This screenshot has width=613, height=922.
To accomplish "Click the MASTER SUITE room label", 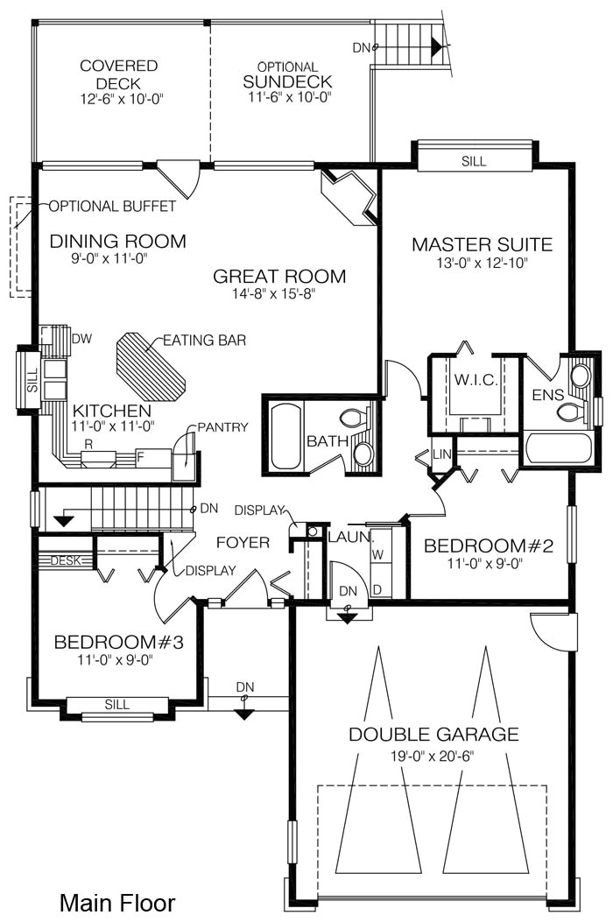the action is [x=482, y=244].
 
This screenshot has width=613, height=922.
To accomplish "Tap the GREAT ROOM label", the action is [x=279, y=276].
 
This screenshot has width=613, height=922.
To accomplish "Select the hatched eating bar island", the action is [x=151, y=367].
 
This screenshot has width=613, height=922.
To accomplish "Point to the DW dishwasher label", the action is [x=81, y=339].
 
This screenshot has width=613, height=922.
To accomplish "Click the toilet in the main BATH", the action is [x=353, y=418].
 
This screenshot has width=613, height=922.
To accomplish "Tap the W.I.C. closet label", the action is [x=476, y=379].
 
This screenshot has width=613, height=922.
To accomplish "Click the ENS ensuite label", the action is [x=547, y=395].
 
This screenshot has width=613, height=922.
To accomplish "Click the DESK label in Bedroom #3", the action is [x=66, y=560].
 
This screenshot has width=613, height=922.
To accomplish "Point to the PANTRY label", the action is [x=223, y=427].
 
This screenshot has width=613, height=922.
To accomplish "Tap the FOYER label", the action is [x=243, y=542].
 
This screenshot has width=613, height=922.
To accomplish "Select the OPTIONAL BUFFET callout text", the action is [x=112, y=206].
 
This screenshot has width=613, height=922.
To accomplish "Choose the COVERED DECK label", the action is [x=119, y=74].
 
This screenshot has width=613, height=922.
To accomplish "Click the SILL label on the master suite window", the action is [x=474, y=161].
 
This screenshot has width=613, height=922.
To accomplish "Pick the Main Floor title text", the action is [x=117, y=903].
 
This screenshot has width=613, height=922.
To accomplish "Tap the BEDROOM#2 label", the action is [x=489, y=545].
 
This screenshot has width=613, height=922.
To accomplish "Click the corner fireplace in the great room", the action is [x=349, y=196].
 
